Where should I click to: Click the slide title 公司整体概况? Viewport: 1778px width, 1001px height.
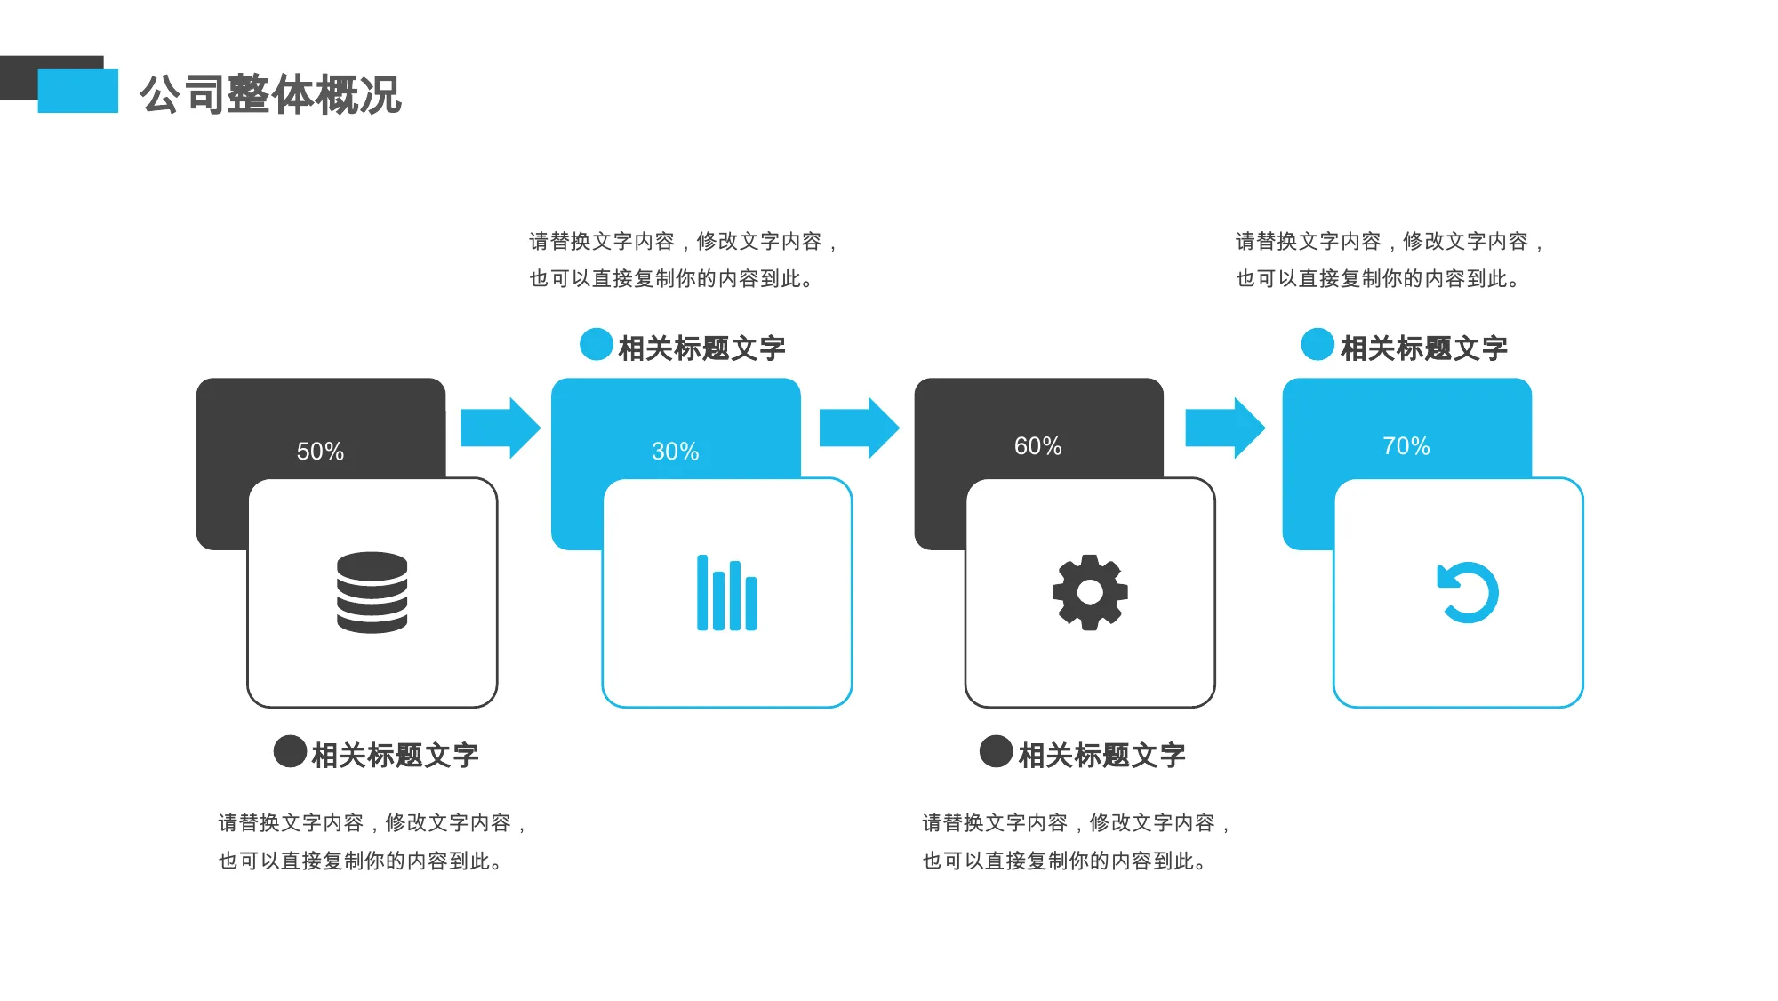(x=270, y=94)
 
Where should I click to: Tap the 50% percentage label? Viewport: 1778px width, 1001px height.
(x=320, y=452)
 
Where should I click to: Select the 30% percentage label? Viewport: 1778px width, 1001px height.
(x=676, y=452)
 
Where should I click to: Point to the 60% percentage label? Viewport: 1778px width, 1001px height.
(x=1038, y=446)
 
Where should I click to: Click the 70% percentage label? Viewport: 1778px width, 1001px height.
(x=1406, y=446)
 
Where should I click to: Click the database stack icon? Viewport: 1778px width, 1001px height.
(x=372, y=592)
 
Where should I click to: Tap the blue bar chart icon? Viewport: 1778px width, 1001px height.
(x=727, y=593)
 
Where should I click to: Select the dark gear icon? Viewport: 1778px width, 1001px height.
(x=1090, y=592)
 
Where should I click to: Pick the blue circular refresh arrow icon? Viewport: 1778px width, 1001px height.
(x=1467, y=592)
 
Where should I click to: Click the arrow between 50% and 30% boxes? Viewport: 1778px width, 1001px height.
(x=501, y=428)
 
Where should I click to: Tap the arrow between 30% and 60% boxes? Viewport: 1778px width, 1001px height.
(x=859, y=428)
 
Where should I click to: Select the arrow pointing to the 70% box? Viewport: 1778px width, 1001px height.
(x=1226, y=428)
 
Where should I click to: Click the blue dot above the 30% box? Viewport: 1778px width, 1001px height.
(x=597, y=345)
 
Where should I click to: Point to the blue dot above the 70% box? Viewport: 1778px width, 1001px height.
(x=1317, y=345)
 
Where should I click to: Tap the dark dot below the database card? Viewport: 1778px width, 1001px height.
(x=291, y=751)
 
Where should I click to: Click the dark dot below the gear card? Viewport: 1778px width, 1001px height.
(x=997, y=751)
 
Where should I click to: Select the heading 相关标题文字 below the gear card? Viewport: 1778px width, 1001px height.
(x=1102, y=756)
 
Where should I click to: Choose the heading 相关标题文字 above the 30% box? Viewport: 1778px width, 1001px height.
(x=702, y=348)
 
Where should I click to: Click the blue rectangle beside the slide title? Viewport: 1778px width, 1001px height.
(x=78, y=91)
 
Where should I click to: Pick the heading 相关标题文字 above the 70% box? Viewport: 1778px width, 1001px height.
(x=1424, y=348)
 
